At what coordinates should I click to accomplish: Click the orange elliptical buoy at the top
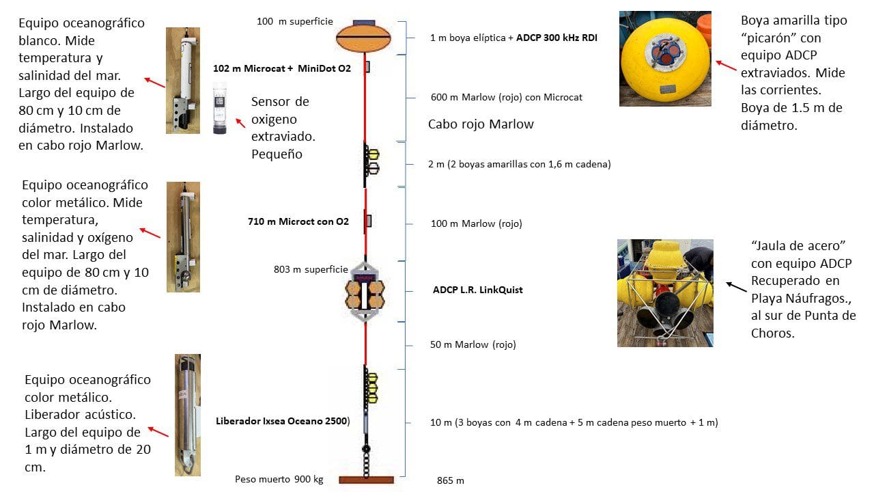coord(364,37)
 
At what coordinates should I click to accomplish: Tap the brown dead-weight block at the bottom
coord(366,480)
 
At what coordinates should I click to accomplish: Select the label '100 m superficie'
coord(294,22)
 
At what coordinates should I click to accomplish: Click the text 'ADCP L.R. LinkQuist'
coord(477,290)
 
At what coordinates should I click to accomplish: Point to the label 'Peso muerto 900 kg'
coord(279,479)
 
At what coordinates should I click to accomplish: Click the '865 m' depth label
coord(450,480)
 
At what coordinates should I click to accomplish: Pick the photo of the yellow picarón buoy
coord(665,59)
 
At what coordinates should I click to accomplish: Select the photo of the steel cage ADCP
coord(664,292)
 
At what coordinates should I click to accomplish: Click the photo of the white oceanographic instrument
coord(182,80)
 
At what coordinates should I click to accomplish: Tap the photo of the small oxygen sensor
coord(220,108)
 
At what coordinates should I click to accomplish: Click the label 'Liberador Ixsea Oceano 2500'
coord(283,420)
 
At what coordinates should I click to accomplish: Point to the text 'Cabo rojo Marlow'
coord(481,124)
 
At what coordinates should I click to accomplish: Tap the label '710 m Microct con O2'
coord(298,221)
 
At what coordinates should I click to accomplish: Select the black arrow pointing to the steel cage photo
coord(736,287)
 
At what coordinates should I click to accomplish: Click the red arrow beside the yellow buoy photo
coord(725,66)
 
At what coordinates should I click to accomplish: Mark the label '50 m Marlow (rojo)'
coord(473,344)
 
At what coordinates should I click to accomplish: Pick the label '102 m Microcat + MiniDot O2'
coord(282,68)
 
